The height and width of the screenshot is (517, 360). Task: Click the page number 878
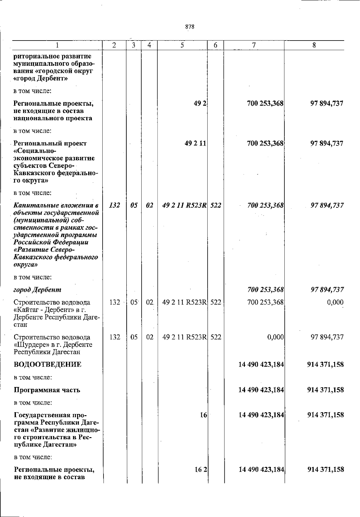190,27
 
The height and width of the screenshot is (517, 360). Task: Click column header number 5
182,45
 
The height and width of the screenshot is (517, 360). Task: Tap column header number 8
314,45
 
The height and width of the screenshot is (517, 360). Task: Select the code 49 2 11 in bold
195,144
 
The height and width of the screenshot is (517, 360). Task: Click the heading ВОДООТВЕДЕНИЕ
47,364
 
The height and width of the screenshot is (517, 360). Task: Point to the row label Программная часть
47,390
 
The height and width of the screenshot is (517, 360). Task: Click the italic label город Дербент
37,290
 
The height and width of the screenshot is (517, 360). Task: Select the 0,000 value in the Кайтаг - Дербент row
335,302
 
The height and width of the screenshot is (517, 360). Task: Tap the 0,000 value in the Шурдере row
275,337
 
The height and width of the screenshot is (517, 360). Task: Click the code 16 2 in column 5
201,470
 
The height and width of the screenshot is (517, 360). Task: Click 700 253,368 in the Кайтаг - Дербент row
265,302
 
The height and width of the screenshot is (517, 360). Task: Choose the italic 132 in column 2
115,205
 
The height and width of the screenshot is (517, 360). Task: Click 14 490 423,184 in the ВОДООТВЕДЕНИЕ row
261,364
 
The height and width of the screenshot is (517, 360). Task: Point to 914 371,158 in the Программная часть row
325,390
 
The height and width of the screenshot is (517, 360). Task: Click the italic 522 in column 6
216,205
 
